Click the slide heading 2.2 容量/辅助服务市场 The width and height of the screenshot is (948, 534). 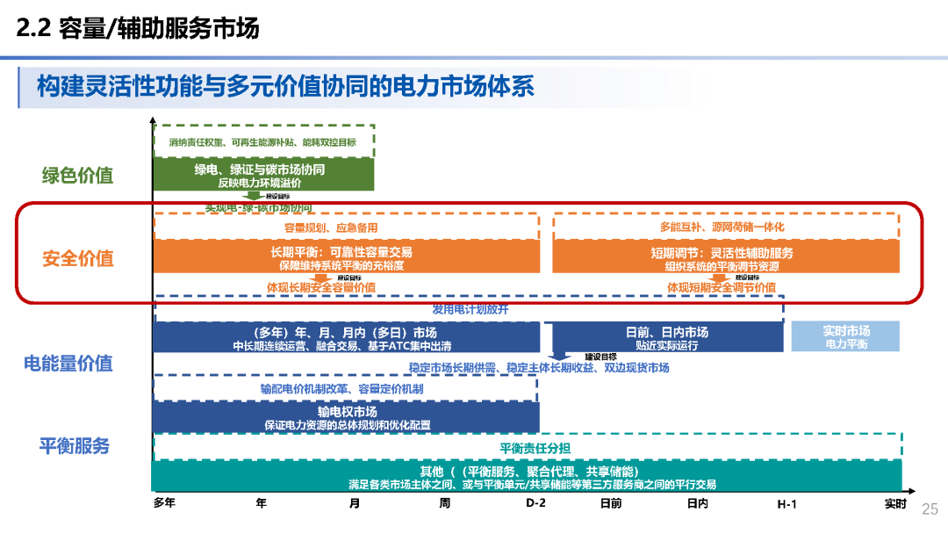[139, 29]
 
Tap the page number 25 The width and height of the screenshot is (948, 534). [930, 509]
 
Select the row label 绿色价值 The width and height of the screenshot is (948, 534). [77, 175]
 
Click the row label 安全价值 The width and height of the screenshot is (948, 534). [77, 258]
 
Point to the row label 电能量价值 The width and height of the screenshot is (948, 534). [68, 363]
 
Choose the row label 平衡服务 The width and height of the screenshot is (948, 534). [74, 445]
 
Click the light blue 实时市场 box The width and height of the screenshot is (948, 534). [846, 337]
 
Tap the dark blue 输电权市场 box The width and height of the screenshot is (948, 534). [347, 417]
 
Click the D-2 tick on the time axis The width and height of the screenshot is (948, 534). [535, 503]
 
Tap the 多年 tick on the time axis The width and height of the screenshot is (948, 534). [164, 503]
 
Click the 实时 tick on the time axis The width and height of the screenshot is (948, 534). [895, 503]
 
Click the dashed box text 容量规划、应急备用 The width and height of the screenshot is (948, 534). [331, 227]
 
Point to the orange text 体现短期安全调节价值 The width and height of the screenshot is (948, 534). [722, 287]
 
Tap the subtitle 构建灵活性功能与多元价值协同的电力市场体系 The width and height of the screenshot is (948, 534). [285, 86]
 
